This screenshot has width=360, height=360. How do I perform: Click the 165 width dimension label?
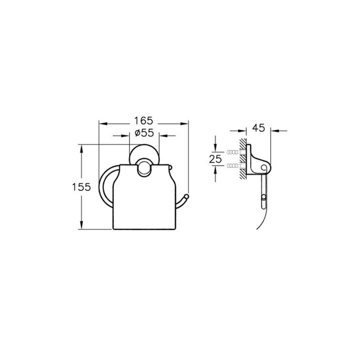[144, 120]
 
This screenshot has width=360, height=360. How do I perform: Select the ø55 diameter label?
[144, 133]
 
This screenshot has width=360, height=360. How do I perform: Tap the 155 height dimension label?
[81, 187]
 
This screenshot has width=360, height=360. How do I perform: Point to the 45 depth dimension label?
[259, 128]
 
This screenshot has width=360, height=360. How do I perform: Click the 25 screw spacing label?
[215, 159]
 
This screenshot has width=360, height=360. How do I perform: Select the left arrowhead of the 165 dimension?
[103, 124]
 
